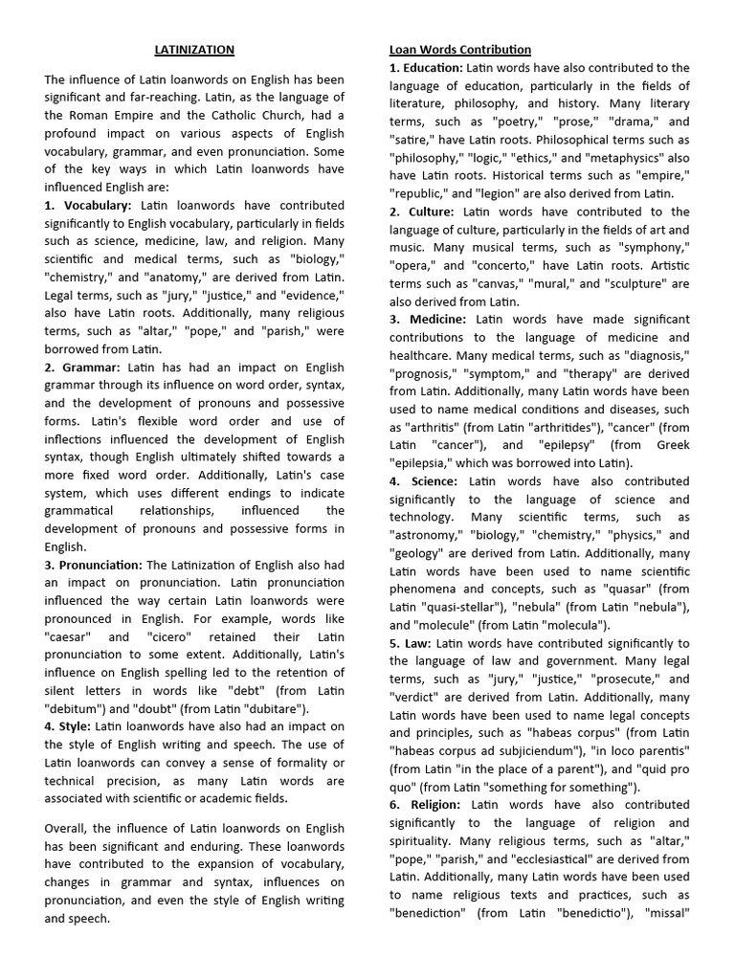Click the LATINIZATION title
point(194,49)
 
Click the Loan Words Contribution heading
point(460,49)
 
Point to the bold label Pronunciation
point(93,565)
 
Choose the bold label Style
point(68,726)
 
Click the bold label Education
point(426,68)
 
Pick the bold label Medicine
point(428,319)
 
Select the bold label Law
point(411,643)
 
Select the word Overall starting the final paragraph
point(68,828)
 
